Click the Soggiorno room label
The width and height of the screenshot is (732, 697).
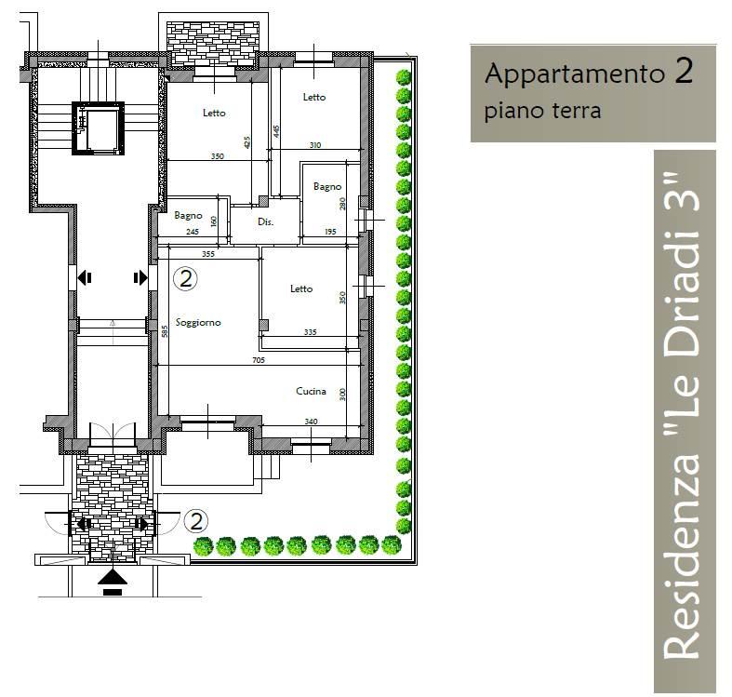pyautogui.click(x=198, y=322)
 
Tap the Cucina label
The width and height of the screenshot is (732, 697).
pyautogui.click(x=310, y=391)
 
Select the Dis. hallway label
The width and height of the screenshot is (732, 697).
pyautogui.click(x=265, y=222)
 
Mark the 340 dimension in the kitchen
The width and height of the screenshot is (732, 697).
pyautogui.click(x=311, y=422)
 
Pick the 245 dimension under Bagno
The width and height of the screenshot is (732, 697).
pyautogui.click(x=193, y=232)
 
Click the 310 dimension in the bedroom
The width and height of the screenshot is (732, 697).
pyautogui.click(x=314, y=144)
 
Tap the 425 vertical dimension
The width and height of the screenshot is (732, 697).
pyautogui.click(x=247, y=142)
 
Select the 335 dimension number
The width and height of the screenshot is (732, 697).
pyautogui.click(x=309, y=331)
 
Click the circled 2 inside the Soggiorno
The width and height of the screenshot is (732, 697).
pyautogui.click(x=186, y=277)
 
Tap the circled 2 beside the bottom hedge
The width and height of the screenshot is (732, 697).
pyautogui.click(x=197, y=520)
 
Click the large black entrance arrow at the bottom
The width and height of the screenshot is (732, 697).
pyautogui.click(x=113, y=579)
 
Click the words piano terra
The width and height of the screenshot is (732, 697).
pyautogui.click(x=542, y=110)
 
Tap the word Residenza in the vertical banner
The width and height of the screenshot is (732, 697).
pyautogui.click(x=684, y=557)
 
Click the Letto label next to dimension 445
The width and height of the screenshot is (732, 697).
pyautogui.click(x=314, y=98)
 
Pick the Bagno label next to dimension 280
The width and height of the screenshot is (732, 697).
pyautogui.click(x=326, y=186)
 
